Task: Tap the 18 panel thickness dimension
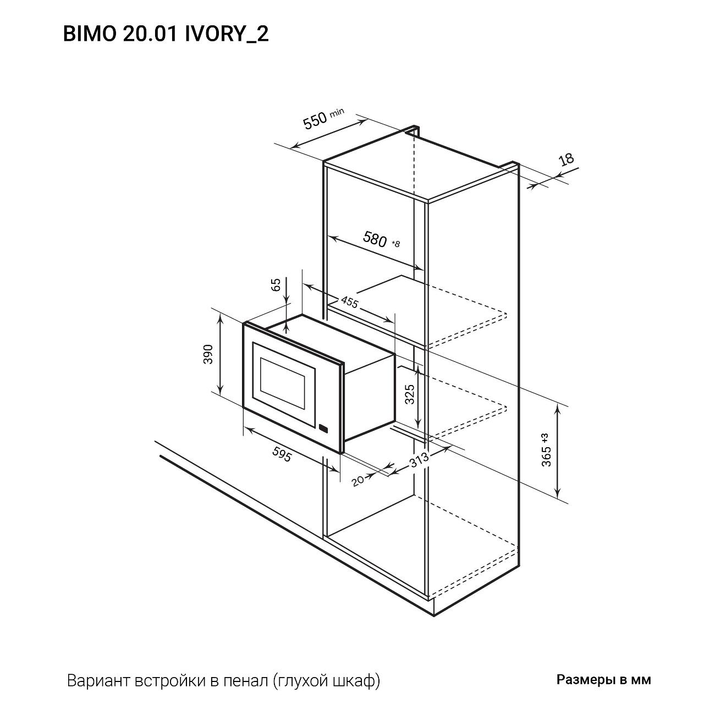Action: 566,159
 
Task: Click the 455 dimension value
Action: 350,303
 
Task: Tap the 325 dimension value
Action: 409,394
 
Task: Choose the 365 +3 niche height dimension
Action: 546,450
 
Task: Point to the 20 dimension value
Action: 358,480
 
